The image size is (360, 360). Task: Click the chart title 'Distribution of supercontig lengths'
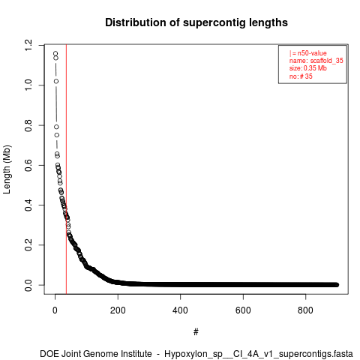click(x=196, y=22)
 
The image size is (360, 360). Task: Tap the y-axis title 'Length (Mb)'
click(x=7, y=169)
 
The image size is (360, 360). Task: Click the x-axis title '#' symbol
click(x=196, y=331)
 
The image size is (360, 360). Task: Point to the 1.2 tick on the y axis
click(x=28, y=45)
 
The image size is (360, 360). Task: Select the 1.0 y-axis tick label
click(x=28, y=85)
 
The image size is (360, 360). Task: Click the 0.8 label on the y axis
click(x=28, y=125)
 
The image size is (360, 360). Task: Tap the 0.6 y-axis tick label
click(x=28, y=165)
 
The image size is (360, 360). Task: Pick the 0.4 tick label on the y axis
click(x=28, y=205)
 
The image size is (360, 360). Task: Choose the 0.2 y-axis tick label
click(x=28, y=245)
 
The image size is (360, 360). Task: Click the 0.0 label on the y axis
click(x=28, y=285)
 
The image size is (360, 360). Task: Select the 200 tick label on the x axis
click(x=118, y=310)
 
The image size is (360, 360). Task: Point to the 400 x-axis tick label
click(x=180, y=310)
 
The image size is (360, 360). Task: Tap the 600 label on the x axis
click(x=243, y=310)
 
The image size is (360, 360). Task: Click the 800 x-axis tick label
click(x=305, y=310)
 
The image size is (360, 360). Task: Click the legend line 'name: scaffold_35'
click(x=316, y=61)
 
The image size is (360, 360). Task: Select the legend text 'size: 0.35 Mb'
click(x=308, y=68)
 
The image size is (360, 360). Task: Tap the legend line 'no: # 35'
click(x=301, y=76)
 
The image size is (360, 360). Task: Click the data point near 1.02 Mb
click(x=56, y=81)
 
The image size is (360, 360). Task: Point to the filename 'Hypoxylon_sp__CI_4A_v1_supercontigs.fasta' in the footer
click(x=259, y=354)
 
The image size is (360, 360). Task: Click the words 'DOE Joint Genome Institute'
click(x=96, y=354)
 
